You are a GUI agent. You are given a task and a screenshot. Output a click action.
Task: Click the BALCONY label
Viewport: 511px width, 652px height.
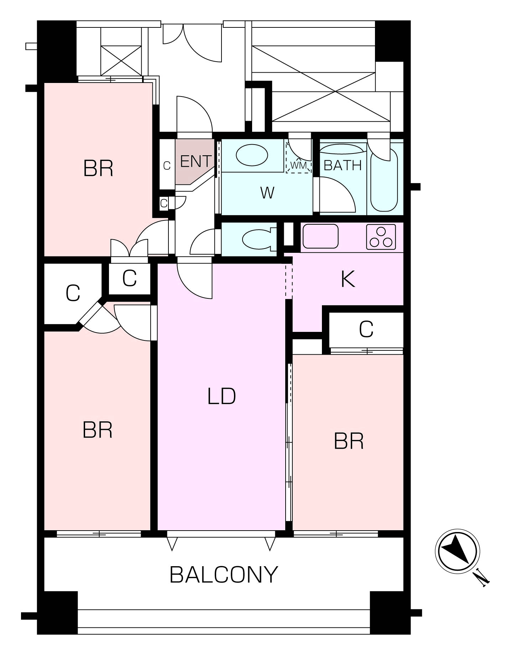pyautogui.click(x=224, y=574)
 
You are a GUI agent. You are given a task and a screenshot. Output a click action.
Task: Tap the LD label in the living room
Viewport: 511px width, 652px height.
pyautogui.click(x=221, y=396)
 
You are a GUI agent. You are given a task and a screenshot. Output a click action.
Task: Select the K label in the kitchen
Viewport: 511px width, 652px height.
pyautogui.click(x=348, y=279)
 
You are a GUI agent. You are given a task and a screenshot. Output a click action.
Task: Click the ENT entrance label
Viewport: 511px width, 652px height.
pyautogui.click(x=196, y=161)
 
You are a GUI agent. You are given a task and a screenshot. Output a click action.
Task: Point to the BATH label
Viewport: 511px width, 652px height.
pyautogui.click(x=343, y=165)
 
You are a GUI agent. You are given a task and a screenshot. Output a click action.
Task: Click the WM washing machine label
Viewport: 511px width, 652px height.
pyautogui.click(x=298, y=166)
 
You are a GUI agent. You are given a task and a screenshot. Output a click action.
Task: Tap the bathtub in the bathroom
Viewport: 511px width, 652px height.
pyautogui.click(x=384, y=180)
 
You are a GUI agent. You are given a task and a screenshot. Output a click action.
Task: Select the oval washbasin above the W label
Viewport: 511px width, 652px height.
pyautogui.click(x=252, y=155)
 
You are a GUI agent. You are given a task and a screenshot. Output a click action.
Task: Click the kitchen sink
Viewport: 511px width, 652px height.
pyautogui.click(x=320, y=236)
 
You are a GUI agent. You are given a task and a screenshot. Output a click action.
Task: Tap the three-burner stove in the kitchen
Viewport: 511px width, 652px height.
pyautogui.click(x=381, y=237)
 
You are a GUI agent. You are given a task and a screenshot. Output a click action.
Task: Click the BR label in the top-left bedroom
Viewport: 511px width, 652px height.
pyautogui.click(x=98, y=168)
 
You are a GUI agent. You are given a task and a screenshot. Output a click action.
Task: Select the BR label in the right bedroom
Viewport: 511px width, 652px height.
pyautogui.click(x=349, y=441)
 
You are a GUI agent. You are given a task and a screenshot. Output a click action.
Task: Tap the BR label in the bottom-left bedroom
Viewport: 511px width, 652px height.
pyautogui.click(x=98, y=430)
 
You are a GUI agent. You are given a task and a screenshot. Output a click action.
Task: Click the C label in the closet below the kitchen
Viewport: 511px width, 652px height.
pyautogui.click(x=366, y=329)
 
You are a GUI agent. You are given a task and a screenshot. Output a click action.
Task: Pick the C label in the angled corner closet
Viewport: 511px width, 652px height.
pyautogui.click(x=73, y=293)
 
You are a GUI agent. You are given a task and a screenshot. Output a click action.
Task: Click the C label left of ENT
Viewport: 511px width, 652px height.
pyautogui.click(x=167, y=166)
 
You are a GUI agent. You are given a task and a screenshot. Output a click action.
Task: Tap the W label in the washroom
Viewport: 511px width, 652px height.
pyautogui.click(x=267, y=193)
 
